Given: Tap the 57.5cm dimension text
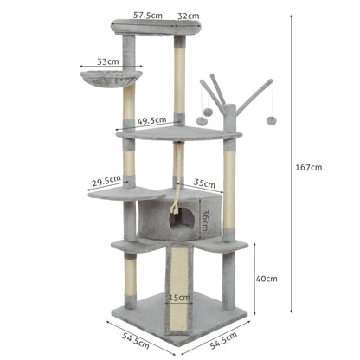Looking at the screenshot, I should point(148,15).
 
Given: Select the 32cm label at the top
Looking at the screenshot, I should point(189,15).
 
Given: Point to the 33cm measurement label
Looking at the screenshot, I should point(108,62).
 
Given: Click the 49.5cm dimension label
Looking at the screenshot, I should point(151,121).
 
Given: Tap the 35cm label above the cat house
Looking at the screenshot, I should point(204,183).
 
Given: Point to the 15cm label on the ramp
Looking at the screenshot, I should point(180,299).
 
